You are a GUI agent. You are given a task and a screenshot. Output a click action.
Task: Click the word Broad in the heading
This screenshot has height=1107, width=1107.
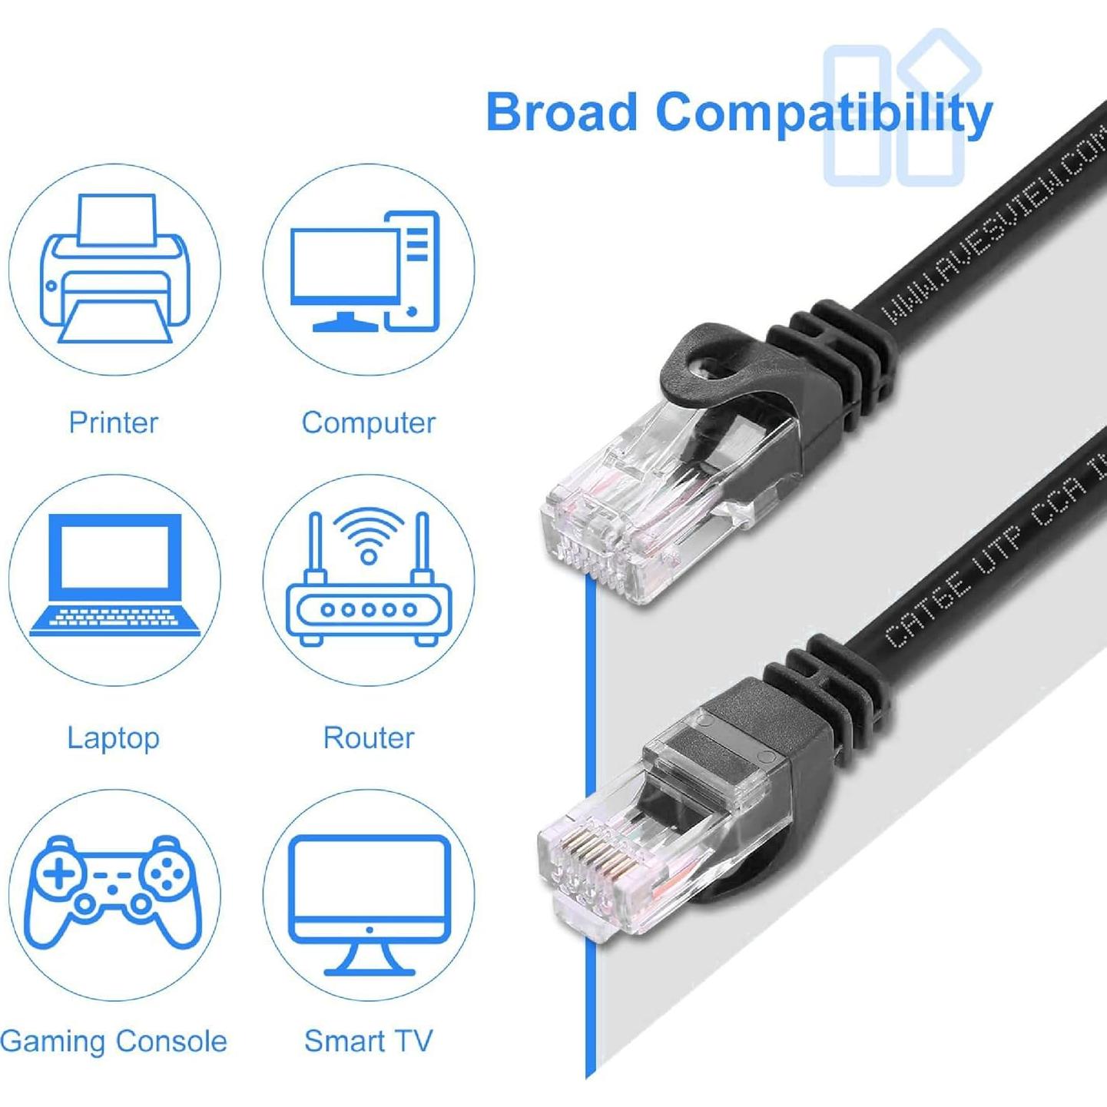pos(562,112)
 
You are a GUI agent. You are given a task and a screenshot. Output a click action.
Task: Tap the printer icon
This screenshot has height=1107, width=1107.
pos(114,269)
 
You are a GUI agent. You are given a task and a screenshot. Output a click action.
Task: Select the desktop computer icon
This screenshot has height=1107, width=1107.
pos(366,271)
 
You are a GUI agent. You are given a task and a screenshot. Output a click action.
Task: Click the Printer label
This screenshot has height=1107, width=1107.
pos(113,423)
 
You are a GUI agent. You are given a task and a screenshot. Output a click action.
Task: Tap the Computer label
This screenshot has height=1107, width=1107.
pos(369,423)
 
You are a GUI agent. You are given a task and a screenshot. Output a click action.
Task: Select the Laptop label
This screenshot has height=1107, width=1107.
pos(113,737)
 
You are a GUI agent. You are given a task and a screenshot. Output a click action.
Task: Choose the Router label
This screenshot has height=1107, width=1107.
pos(369,737)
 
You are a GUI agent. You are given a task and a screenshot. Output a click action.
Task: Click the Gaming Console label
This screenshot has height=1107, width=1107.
pos(114,1042)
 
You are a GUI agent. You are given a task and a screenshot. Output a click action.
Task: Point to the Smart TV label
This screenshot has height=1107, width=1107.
pos(369,1042)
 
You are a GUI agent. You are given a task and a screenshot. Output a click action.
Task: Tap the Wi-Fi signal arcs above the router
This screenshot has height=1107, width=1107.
pos(369,530)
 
